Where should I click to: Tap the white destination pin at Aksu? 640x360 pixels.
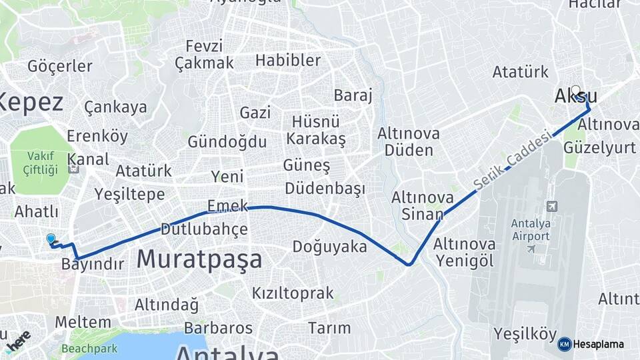tap(575, 91)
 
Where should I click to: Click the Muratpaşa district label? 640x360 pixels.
tap(199, 259)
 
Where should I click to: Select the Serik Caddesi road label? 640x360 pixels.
tap(513, 159)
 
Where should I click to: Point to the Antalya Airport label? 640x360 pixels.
tap(531, 229)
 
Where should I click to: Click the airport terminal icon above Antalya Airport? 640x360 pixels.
tap(551, 207)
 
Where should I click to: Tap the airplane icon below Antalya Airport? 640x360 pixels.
tap(531, 249)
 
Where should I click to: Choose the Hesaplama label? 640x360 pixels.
tap(599, 345)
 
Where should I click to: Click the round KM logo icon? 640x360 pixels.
tap(564, 345)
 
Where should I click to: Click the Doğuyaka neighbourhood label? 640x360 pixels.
tap(329, 247)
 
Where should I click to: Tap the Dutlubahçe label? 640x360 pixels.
tap(204, 229)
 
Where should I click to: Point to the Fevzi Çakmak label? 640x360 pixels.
tap(204, 55)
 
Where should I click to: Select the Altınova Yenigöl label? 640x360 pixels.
tap(464, 252)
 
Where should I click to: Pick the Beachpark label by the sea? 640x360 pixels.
tap(89, 348)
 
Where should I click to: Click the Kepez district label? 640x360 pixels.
tap(31, 103)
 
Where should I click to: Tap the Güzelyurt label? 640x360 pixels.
tap(599, 147)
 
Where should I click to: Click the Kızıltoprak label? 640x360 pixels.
tap(292, 293)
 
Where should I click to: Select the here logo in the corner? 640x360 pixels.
tap(17, 339)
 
